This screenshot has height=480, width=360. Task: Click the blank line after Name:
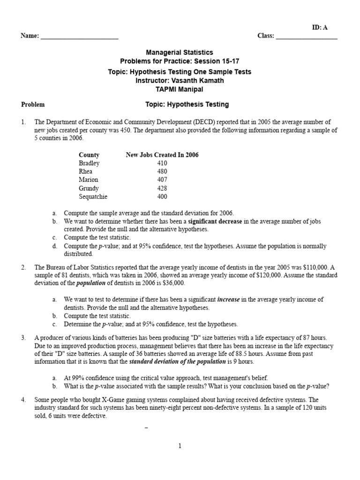[x=79, y=37]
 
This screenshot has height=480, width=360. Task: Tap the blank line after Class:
[x=307, y=37]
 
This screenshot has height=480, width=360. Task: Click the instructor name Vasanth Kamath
[x=197, y=80]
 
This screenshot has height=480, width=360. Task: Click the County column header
[x=89, y=155]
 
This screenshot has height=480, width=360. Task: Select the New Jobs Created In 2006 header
[x=162, y=155]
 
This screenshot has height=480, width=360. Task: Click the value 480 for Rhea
[x=162, y=172]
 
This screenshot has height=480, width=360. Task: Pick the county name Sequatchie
[x=93, y=197]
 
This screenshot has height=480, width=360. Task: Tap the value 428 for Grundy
[x=162, y=188]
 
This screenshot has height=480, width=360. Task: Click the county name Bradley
[x=89, y=163]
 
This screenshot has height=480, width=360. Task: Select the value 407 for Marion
[x=162, y=180]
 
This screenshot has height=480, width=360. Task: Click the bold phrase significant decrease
[x=215, y=221]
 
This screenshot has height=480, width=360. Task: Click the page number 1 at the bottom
[x=180, y=446]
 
